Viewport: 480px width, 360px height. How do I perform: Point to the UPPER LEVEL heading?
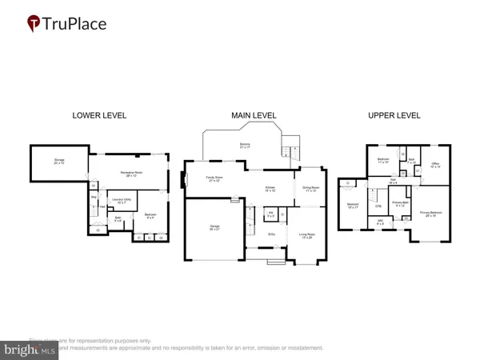coord(394,115)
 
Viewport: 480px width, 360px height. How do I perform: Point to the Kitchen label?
coord(270,189)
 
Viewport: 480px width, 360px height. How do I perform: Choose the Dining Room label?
coord(310,190)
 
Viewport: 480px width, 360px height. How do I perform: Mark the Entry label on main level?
coord(270,234)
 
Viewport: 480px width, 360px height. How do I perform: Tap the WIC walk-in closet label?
coord(380,222)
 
